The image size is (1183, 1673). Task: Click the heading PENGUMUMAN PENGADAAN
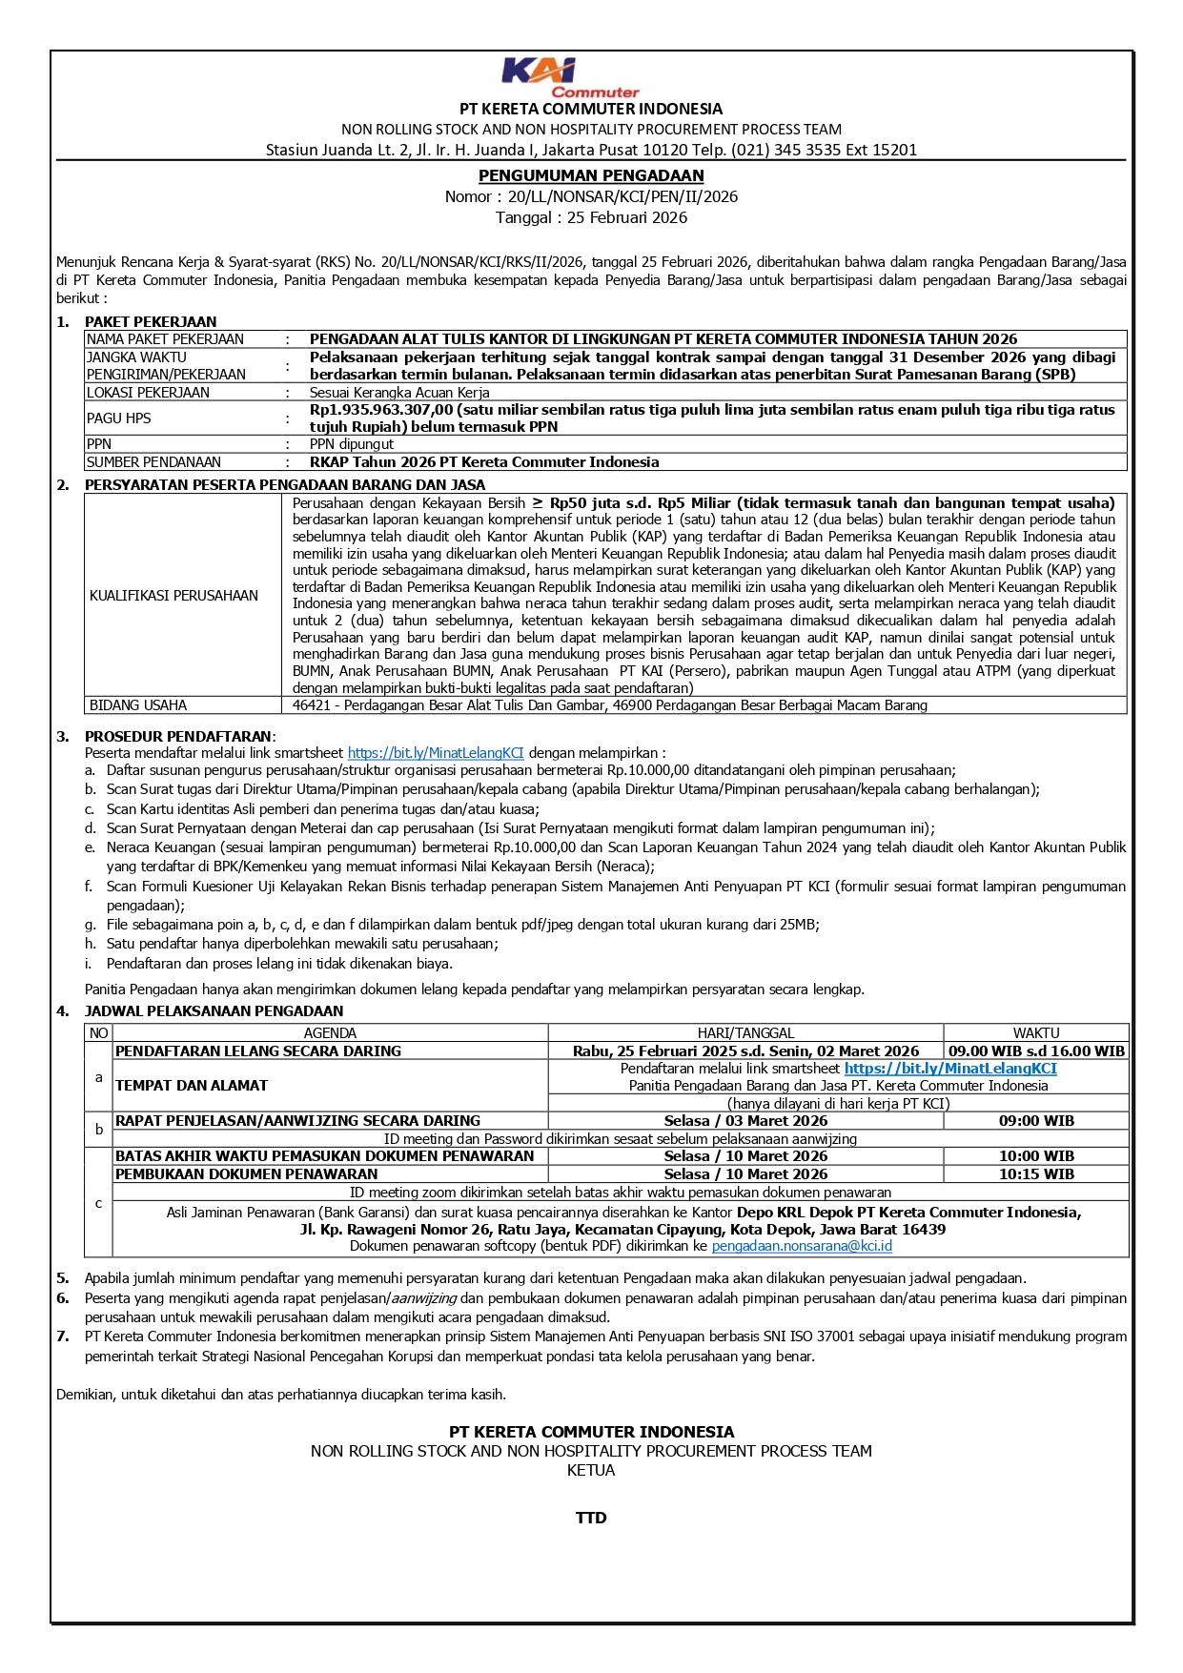pyautogui.click(x=591, y=175)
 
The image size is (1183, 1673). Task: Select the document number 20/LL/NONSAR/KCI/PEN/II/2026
pyautogui.click(x=622, y=196)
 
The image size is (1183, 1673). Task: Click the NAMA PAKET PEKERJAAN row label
pyautogui.click(x=165, y=339)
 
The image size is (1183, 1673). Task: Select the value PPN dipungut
pyautogui.click(x=351, y=444)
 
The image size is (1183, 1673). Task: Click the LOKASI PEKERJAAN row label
pyautogui.click(x=148, y=393)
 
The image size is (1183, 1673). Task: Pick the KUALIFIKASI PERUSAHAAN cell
pyautogui.click(x=173, y=596)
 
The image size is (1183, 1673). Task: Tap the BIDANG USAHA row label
pyautogui.click(x=138, y=705)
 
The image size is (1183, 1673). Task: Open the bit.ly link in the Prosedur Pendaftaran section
pyautogui.click(x=436, y=753)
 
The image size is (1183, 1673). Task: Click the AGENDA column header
pyautogui.click(x=330, y=1033)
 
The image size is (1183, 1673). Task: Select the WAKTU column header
pyautogui.click(x=1036, y=1033)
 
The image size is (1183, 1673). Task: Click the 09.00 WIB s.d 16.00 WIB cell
pyautogui.click(x=1036, y=1051)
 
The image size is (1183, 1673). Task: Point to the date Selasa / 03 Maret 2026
pyautogui.click(x=745, y=1121)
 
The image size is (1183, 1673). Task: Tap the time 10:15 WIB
pyautogui.click(x=1036, y=1174)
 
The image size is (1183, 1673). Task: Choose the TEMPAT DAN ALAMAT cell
pyautogui.click(x=192, y=1086)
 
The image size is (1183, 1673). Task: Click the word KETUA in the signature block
pyautogui.click(x=591, y=1470)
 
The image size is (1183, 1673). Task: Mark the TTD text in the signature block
pyautogui.click(x=591, y=1518)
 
